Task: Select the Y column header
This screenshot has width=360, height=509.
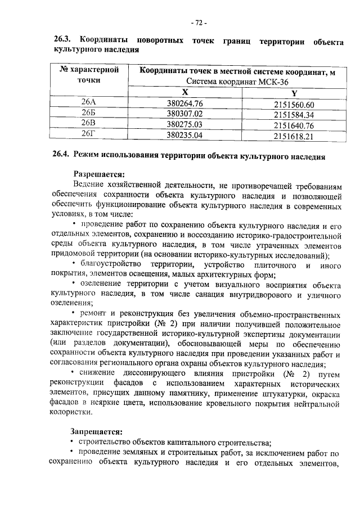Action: pos(294,93)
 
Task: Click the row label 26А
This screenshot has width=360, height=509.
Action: pos(89,103)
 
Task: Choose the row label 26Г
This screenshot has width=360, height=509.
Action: pos(89,134)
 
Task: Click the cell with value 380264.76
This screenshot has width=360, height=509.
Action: pos(184,103)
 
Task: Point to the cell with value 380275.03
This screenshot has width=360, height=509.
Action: pos(184,124)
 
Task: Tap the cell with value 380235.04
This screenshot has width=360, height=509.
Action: pos(184,134)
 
